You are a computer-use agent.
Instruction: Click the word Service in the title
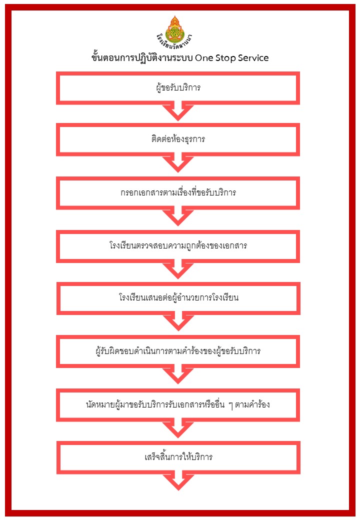[x=249, y=58]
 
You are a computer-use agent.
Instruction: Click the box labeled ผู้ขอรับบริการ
[x=178, y=88]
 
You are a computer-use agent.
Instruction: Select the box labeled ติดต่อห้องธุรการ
[x=178, y=139]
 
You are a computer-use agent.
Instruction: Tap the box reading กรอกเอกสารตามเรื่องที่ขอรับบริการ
[x=178, y=192]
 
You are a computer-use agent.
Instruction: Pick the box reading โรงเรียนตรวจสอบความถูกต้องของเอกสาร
[x=178, y=246]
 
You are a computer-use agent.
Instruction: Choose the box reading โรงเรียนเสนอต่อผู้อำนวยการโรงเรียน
[x=178, y=298]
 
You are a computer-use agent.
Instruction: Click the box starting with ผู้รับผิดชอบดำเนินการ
[x=178, y=351]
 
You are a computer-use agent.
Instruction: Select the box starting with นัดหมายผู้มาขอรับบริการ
[x=178, y=404]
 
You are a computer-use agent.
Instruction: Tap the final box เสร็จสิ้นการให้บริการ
[x=178, y=457]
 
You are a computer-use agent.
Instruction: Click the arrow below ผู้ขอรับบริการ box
[x=178, y=111]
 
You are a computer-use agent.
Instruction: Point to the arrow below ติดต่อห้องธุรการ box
[x=178, y=163]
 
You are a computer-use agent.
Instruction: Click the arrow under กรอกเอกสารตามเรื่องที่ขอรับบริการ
[x=178, y=216]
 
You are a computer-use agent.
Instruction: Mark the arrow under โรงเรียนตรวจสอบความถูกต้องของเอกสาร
[x=178, y=269]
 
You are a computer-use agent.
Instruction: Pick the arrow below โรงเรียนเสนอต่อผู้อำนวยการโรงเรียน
[x=178, y=321]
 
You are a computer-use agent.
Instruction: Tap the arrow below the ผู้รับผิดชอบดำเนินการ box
[x=178, y=374]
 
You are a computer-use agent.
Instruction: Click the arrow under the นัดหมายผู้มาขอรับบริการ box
[x=178, y=427]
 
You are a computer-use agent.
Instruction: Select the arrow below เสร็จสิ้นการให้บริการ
[x=178, y=480]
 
